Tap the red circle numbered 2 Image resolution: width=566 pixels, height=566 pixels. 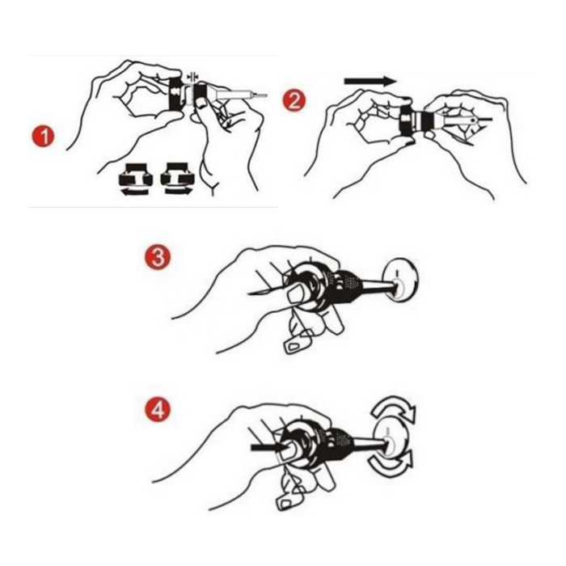click(294, 100)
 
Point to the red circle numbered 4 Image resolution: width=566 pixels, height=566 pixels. click(158, 411)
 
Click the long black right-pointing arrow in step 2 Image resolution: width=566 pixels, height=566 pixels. click(370, 81)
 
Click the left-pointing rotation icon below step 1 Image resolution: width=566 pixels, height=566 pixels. click(135, 180)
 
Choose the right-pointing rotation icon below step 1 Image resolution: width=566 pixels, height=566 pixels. click(177, 179)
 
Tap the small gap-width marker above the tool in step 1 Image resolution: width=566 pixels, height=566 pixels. click(193, 77)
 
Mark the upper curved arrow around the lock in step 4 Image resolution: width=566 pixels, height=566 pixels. click(395, 409)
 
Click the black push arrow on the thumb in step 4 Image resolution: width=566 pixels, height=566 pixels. click(268, 448)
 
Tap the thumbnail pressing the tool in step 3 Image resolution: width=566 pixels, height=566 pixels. click(297, 293)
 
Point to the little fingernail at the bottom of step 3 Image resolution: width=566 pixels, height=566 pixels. click(294, 347)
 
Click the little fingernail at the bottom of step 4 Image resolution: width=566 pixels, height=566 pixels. click(285, 503)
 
